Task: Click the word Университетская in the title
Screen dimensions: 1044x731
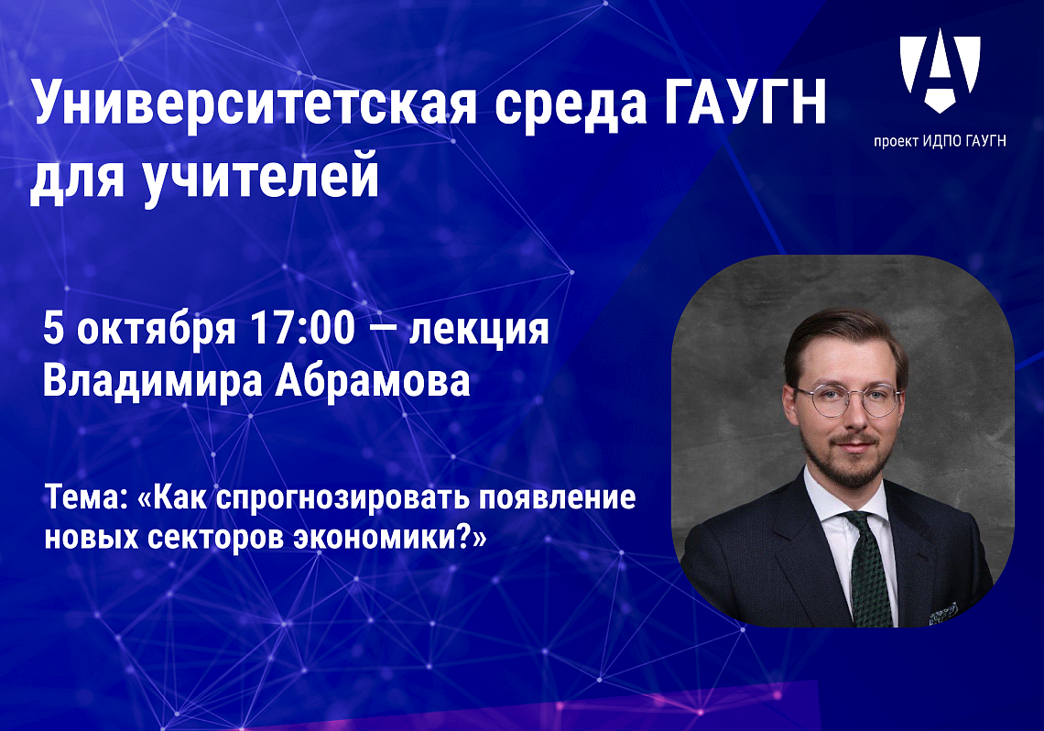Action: point(255,104)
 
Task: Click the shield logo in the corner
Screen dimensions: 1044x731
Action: point(940,70)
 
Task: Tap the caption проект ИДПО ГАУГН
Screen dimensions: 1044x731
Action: point(940,140)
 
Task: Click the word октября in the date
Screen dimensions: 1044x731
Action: point(156,330)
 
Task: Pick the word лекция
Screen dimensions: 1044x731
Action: point(479,330)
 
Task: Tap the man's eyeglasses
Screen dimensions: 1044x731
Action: point(848,399)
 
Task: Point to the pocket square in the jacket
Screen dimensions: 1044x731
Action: point(943,614)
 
